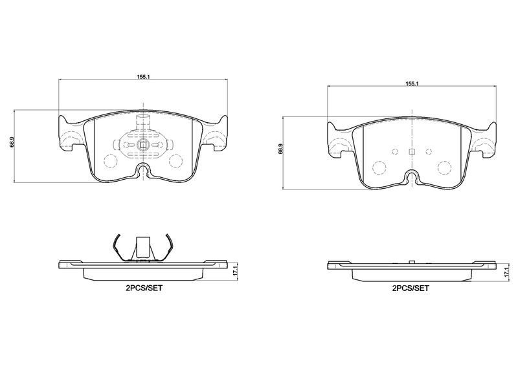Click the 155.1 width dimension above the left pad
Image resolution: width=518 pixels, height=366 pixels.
[x=144, y=76]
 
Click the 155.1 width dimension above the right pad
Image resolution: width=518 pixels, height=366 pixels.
[x=412, y=84]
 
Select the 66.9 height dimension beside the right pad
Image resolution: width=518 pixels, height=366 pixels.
[x=280, y=149]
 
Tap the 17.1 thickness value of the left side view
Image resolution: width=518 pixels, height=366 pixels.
[x=235, y=270]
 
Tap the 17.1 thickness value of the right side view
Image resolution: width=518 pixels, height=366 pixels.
[x=506, y=272]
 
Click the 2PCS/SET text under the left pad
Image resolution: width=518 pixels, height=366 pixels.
[x=144, y=288]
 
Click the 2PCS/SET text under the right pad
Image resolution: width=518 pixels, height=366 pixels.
[x=411, y=288]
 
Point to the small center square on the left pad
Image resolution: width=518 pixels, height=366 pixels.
[x=143, y=145]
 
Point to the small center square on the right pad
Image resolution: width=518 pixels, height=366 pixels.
[x=412, y=151]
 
